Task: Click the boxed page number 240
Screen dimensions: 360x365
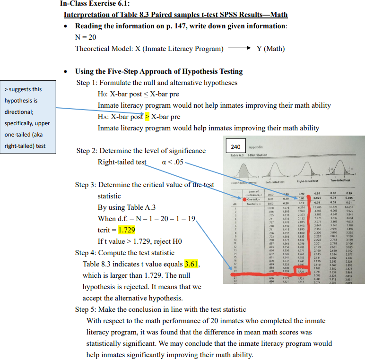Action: pyautogui.click(x=236, y=146)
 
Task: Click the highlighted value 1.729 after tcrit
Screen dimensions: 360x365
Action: pyautogui.click(x=126, y=230)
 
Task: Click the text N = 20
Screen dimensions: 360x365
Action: pyautogui.click(x=86, y=37)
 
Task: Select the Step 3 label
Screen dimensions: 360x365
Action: pyautogui.click(x=85, y=185)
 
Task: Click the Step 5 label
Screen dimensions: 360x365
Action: pyautogui.click(x=85, y=309)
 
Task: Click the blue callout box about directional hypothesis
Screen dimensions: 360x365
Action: pyautogui.click(x=28, y=117)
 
